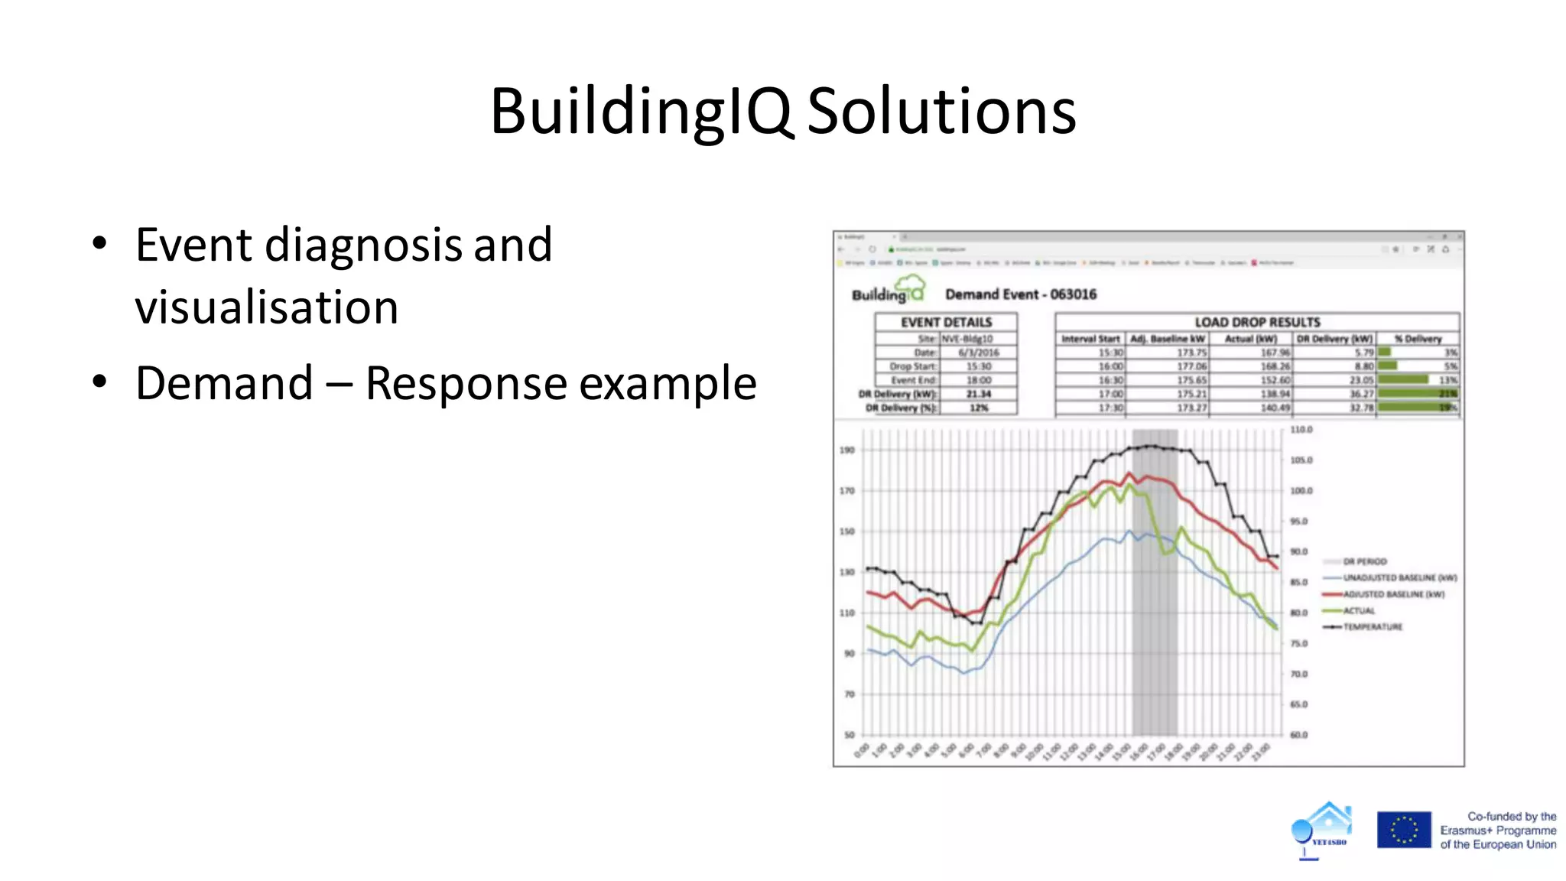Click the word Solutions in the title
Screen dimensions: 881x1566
tap(941, 112)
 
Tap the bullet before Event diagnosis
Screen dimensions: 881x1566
tap(99, 245)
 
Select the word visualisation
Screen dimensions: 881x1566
tap(266, 307)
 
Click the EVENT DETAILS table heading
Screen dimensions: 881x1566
tap(946, 322)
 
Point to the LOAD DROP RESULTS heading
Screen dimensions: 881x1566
tap(1257, 322)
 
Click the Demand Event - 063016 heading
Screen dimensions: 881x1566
tap(1020, 294)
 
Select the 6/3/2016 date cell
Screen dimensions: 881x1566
tap(978, 353)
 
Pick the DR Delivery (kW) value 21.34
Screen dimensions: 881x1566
tap(978, 394)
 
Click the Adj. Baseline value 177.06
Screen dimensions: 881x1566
tap(1191, 366)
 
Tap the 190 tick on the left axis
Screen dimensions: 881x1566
tap(846, 450)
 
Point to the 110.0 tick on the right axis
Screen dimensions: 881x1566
tap(1301, 430)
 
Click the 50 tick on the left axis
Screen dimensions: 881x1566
tap(849, 735)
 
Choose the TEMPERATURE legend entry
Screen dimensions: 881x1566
tap(1373, 627)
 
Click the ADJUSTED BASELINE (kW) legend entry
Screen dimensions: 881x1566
tap(1392, 594)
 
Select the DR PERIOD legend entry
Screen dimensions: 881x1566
tap(1364, 561)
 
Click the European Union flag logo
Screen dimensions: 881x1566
tap(1403, 830)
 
